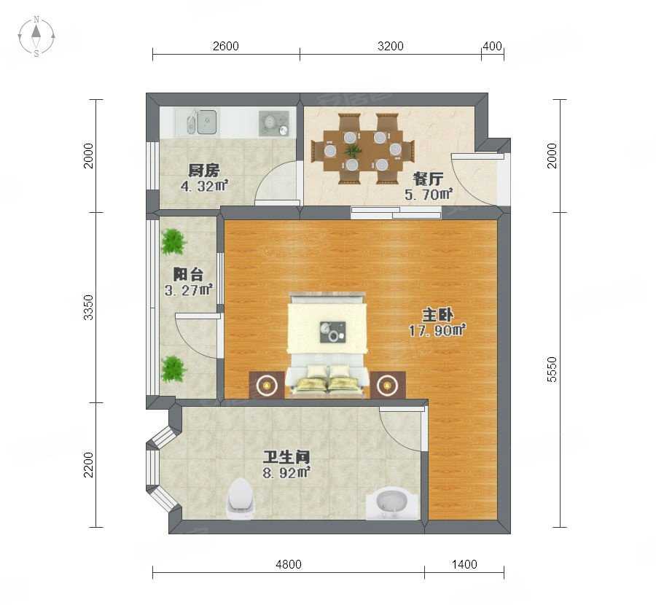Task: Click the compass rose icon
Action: coord(36,36)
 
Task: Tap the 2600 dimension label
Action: coord(225,46)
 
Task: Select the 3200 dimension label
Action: coord(391,46)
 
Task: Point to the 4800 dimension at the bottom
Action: coord(288,564)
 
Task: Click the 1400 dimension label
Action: coord(464,564)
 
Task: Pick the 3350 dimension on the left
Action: coord(88,307)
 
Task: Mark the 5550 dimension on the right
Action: coord(552,369)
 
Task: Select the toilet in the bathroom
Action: coord(240,499)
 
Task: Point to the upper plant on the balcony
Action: coord(173,242)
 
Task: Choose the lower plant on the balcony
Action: coord(173,369)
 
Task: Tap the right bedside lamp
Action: coord(386,385)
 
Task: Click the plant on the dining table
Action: coord(354,149)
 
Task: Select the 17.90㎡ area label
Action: coord(437,330)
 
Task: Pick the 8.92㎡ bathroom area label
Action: coord(286,473)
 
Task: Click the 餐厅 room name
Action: coord(428,179)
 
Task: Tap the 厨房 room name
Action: coord(204,171)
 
